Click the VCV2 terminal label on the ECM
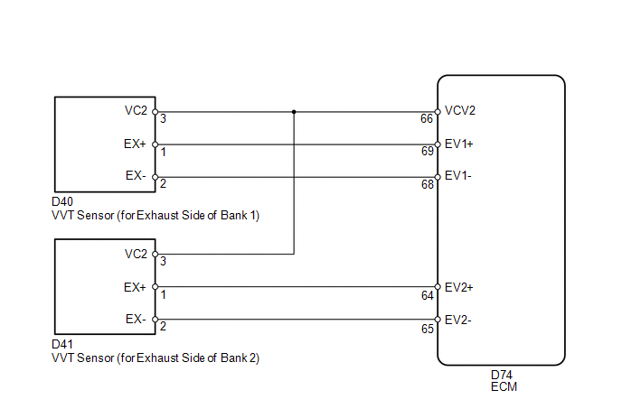[x=460, y=110]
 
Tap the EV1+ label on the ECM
[x=459, y=144]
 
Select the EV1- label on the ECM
[x=458, y=175]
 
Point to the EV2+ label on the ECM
[x=459, y=287]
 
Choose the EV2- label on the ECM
[x=458, y=320]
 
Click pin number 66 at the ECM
[x=427, y=118]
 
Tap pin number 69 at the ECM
[x=428, y=151]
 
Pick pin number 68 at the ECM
[x=428, y=184]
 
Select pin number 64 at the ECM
[x=428, y=295]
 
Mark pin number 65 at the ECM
[x=428, y=329]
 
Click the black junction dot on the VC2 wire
[x=294, y=112]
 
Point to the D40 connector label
[x=62, y=201]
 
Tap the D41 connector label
[x=62, y=344]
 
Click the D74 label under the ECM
[x=502, y=375]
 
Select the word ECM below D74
[x=504, y=386]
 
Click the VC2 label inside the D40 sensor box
[x=136, y=110]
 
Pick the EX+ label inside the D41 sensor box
[x=135, y=287]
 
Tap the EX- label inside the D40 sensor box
[x=136, y=175]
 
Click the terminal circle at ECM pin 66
[x=438, y=112]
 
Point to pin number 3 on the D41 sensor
[x=163, y=261]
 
